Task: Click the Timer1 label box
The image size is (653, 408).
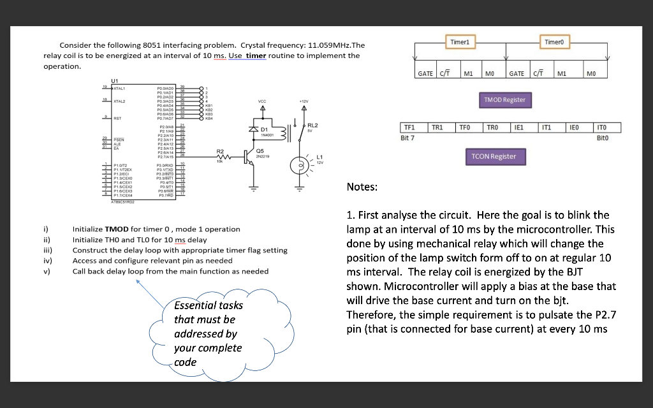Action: [460, 41]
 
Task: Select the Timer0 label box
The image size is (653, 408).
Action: [553, 41]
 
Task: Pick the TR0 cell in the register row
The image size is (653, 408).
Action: [493, 127]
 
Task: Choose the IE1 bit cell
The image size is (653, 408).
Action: [520, 127]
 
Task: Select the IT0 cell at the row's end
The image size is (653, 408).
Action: [601, 127]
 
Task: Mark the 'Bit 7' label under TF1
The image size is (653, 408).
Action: [407, 138]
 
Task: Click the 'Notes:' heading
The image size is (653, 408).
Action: [362, 187]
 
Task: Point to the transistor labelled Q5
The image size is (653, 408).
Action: [250, 157]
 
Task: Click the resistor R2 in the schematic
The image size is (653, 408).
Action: [221, 157]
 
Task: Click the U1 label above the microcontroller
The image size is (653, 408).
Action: [114, 80]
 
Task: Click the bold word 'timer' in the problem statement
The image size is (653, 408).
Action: [256, 55]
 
